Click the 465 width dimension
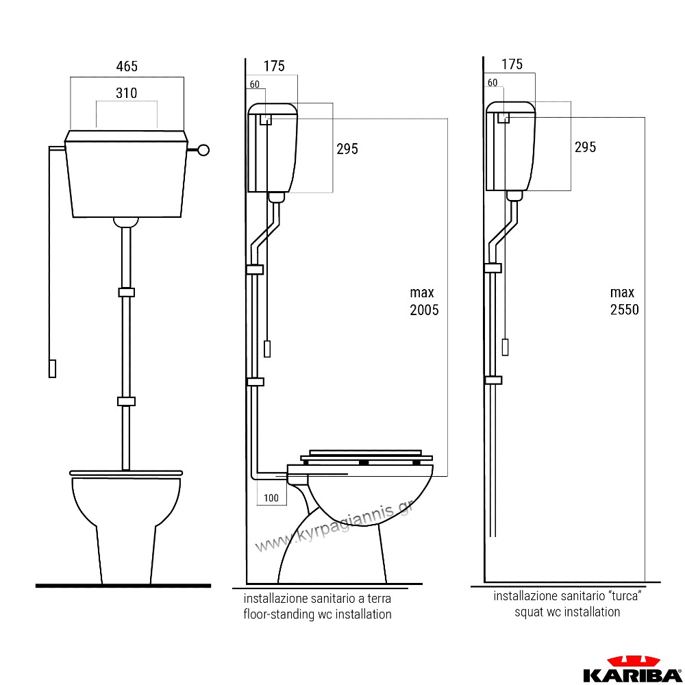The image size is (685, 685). [x=127, y=66]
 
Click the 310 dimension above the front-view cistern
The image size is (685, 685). [x=126, y=93]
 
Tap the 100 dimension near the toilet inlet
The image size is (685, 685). [x=271, y=497]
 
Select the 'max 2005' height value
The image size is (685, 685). [x=424, y=301]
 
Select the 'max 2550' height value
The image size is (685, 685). [x=624, y=301]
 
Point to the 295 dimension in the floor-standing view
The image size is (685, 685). [x=347, y=149]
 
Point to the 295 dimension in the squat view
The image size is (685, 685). [x=586, y=147]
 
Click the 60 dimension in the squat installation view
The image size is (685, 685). [x=493, y=83]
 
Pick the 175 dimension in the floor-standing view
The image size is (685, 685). [x=274, y=66]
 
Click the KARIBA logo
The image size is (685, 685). [x=632, y=669]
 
